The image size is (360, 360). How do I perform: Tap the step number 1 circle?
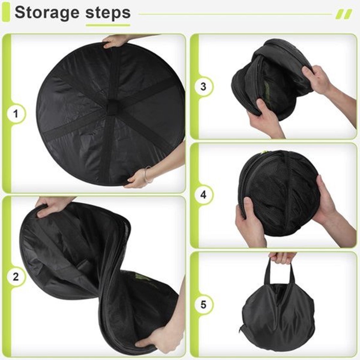point(16,114)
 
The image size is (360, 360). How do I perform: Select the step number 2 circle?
point(16,277)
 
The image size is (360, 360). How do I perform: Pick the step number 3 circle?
point(203,87)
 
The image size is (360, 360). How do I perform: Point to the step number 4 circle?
point(203,195)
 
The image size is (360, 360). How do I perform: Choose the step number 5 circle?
point(203,304)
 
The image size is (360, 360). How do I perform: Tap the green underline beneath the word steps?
point(108,25)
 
